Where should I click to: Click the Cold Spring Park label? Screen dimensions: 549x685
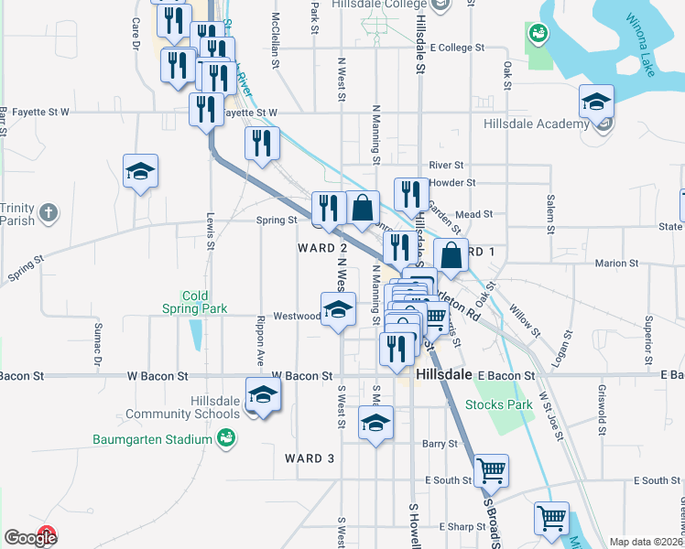(192, 302)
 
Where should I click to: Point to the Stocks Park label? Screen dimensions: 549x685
(498, 404)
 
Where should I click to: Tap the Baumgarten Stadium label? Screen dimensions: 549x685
(152, 439)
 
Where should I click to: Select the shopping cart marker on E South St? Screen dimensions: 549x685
(492, 470)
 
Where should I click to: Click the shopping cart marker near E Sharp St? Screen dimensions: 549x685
(551, 518)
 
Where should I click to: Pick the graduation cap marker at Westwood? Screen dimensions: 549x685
(338, 308)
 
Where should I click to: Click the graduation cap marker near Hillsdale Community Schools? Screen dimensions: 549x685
(263, 394)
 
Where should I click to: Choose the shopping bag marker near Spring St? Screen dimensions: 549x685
(364, 207)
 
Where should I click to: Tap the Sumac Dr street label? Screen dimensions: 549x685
(97, 339)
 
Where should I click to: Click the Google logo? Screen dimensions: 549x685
(29, 538)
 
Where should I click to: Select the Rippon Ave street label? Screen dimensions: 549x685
(261, 336)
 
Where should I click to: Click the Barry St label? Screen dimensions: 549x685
(440, 444)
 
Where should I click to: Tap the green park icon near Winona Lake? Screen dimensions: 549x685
(538, 34)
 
